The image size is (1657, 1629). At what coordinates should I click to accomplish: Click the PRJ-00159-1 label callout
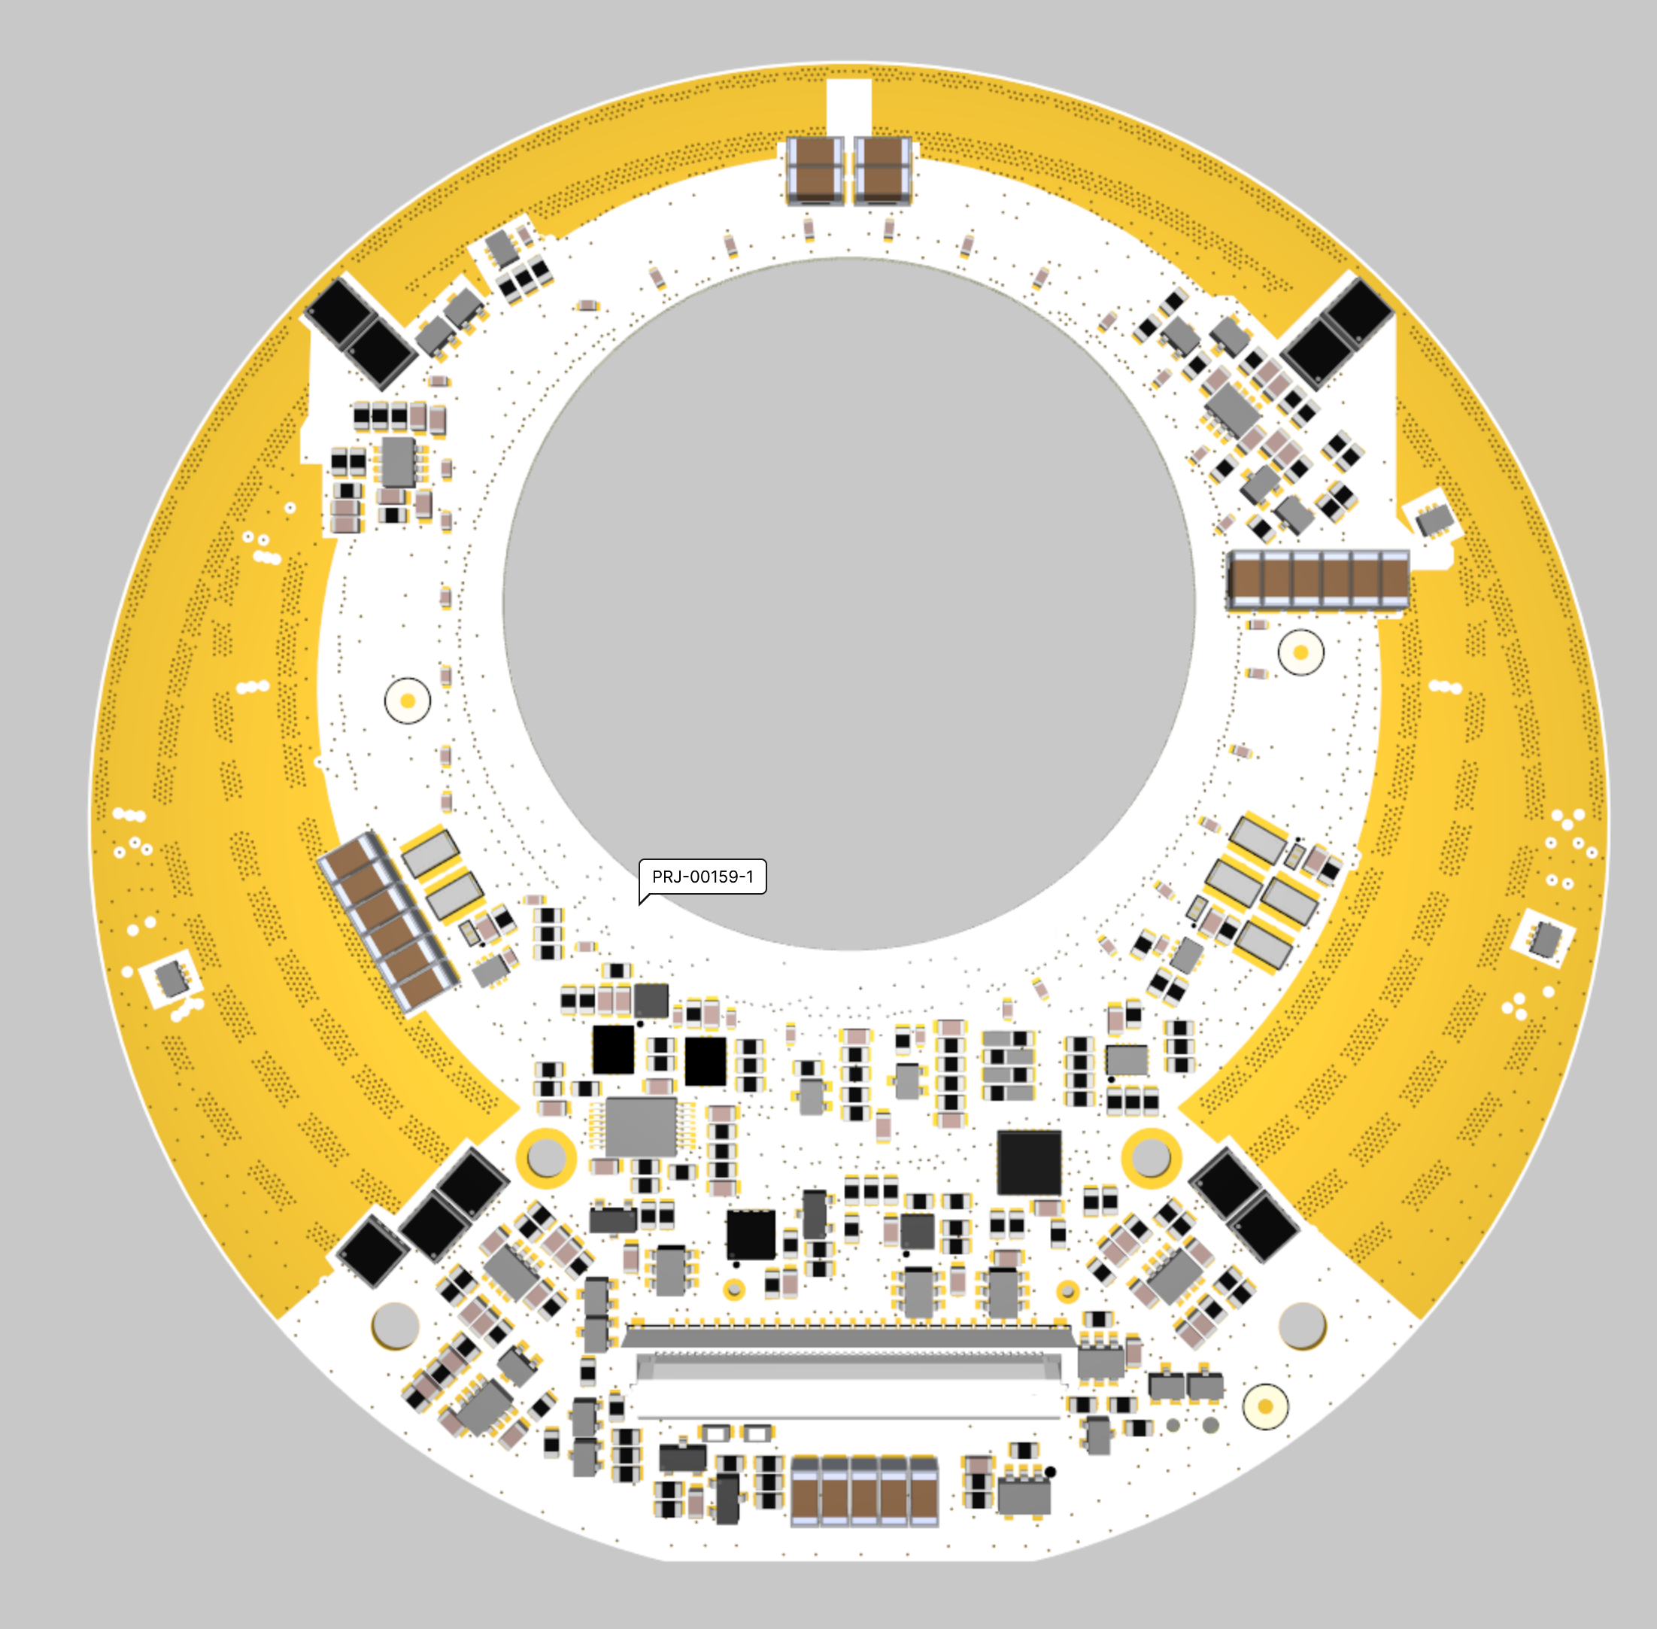pos(703,878)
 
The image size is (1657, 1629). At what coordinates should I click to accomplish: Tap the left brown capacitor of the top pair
pos(815,170)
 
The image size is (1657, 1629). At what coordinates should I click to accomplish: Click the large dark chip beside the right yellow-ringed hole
pos(1030,1162)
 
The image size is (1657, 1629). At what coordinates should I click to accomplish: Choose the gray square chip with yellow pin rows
pos(641,1127)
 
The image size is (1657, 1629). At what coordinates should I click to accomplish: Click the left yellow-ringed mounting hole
pos(546,1157)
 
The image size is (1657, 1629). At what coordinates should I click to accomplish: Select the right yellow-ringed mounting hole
pos(1151,1157)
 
